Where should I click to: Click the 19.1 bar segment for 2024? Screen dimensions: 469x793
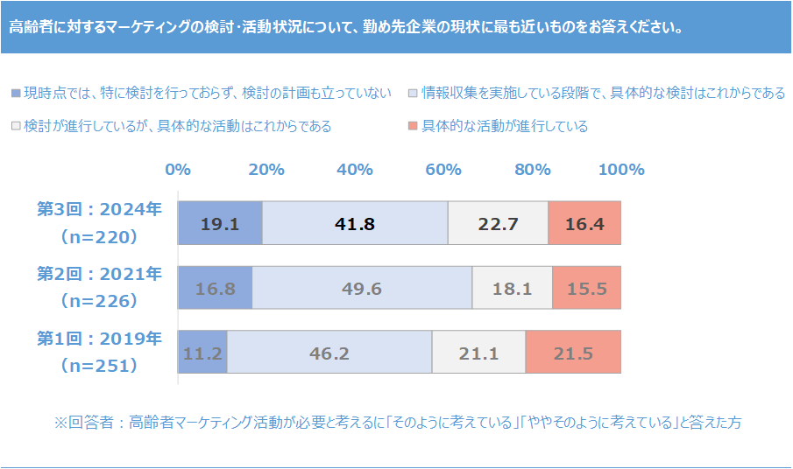[220, 223]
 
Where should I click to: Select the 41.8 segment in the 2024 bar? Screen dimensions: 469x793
[355, 223]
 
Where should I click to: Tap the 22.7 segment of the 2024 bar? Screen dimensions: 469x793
[498, 223]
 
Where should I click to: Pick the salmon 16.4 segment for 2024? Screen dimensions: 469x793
[584, 223]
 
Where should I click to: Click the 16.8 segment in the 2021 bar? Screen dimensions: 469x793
[216, 288]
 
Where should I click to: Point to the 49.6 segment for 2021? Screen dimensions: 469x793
[362, 288]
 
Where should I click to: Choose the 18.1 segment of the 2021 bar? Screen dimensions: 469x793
[513, 288]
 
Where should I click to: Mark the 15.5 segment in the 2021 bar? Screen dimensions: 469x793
[587, 288]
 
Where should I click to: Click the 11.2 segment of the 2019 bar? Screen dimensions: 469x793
[202, 353]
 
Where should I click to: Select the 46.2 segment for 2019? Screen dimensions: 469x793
[329, 353]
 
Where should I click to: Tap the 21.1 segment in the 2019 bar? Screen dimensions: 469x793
[478, 353]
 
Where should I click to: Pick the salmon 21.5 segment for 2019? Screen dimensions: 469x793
[573, 353]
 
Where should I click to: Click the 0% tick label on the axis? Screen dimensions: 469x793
[178, 170]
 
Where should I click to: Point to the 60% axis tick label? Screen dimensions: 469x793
[443, 170]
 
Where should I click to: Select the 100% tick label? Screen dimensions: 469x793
[621, 170]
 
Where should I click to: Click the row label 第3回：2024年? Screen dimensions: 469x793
[99, 209]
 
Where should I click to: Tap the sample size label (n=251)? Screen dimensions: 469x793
[99, 366]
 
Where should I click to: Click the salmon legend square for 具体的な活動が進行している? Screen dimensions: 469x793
[413, 127]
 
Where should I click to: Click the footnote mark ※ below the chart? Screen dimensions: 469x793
[60, 423]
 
